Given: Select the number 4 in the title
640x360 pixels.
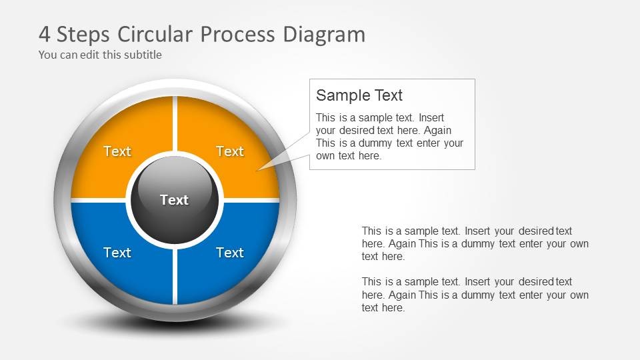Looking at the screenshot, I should pos(45,34).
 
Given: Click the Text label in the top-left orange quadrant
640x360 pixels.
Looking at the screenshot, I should pos(117,151).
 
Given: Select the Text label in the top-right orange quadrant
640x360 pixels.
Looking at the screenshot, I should pos(230,151).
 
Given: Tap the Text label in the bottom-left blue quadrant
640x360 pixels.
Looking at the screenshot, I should pos(117,253).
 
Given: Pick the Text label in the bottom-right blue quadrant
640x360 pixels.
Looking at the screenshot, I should pos(230,253).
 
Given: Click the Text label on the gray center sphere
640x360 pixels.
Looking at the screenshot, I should pos(175,200).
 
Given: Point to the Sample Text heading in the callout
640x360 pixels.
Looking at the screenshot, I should pos(359,95).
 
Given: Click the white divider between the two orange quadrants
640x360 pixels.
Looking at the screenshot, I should pos(175,123).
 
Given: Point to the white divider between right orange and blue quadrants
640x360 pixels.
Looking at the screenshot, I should pos(250,200).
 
